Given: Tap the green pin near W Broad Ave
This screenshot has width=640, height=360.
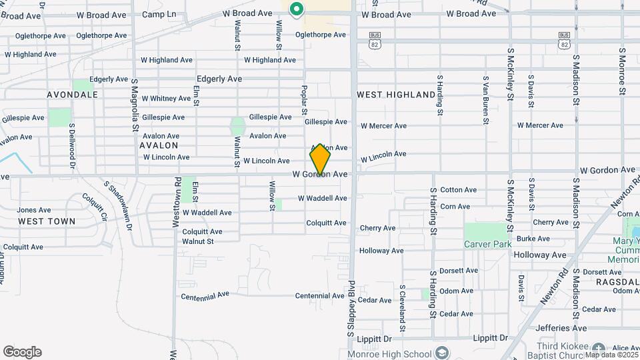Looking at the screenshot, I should coord(296,9).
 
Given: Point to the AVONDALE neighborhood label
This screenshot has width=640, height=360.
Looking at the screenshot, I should coord(72,95).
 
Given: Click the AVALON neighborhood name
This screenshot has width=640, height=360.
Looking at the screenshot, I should coord(159,145).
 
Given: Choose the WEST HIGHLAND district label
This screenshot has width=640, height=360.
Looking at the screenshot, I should coord(396,95).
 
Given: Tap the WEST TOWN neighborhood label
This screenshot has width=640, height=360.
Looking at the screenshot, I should coord(47,221).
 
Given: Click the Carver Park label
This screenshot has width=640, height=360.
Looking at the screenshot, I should coord(488,244).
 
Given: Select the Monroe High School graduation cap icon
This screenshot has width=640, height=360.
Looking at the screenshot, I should coord(441,353).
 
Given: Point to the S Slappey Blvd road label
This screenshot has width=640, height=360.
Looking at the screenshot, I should coord(349,308).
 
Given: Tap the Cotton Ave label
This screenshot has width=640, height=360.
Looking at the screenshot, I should coord(459,190).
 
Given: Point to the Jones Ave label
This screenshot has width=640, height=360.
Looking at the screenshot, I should coord(34,210).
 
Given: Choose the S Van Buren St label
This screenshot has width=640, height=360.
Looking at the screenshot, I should coord(485,99).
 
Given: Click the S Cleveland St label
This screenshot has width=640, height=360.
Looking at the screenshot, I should coord(403,309).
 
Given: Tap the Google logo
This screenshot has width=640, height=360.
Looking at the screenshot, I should coord(22,352).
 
